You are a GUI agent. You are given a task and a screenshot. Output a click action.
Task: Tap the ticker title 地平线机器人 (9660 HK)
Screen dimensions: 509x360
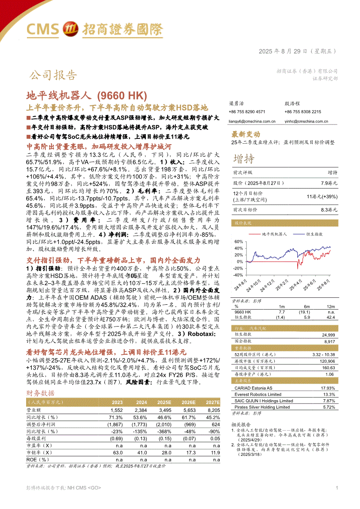click(x=87, y=95)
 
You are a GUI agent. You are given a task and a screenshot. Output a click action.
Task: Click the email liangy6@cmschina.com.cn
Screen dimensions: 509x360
click(x=252, y=122)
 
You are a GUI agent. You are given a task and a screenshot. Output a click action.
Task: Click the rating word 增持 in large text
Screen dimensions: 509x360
click(x=244, y=158)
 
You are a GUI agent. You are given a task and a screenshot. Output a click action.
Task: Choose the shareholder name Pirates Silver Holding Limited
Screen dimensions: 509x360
click(x=262, y=407)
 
